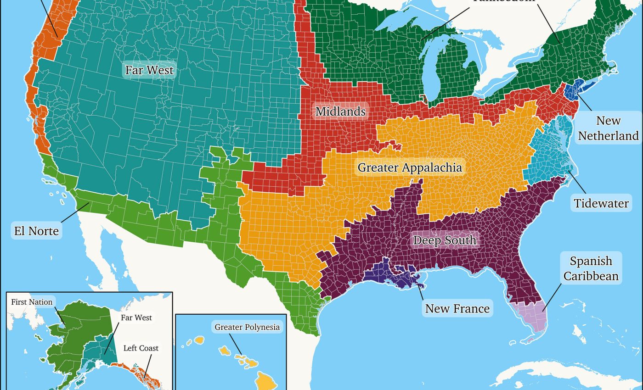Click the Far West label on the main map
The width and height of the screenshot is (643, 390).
tap(149, 70)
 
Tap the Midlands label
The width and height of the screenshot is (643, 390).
tap(340, 111)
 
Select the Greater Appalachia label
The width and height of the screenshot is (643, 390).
tap(410, 167)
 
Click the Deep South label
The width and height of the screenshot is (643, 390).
tap(445, 240)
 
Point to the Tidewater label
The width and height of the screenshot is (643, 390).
tap(601, 203)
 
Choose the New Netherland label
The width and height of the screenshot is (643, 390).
tap(608, 128)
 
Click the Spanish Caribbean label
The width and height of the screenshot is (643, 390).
tap(591, 268)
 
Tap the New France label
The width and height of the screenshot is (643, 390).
tap(457, 308)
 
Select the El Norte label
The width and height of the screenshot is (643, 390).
tap(36, 230)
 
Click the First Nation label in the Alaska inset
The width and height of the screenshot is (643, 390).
tap(32, 302)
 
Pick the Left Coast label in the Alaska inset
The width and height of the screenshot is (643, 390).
tap(141, 348)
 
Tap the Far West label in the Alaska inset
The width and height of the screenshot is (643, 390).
tap(136, 318)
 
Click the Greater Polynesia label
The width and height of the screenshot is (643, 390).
tap(247, 327)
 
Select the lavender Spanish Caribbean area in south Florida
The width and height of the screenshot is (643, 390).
tap(533, 317)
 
